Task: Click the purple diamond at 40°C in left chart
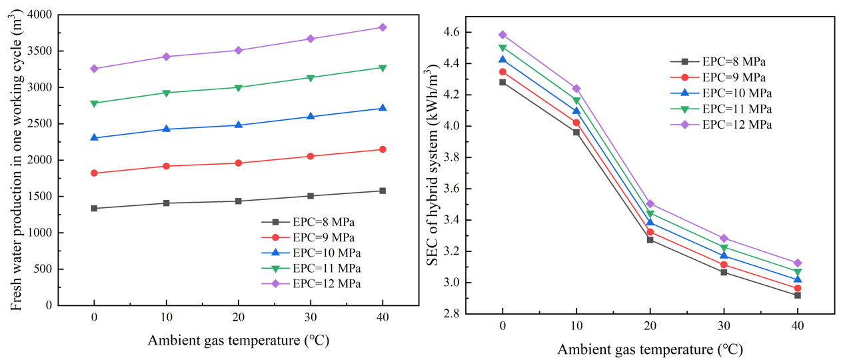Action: click(383, 27)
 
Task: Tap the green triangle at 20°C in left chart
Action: click(239, 87)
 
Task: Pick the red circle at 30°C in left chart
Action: click(311, 156)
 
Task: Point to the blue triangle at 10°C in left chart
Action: click(166, 129)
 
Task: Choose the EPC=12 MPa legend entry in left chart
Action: click(325, 283)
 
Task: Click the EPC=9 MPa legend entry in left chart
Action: click(322, 237)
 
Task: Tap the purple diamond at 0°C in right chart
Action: click(502, 35)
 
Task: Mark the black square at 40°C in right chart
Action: click(797, 295)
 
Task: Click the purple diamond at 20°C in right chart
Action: click(650, 203)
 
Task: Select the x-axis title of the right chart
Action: click(650, 349)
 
